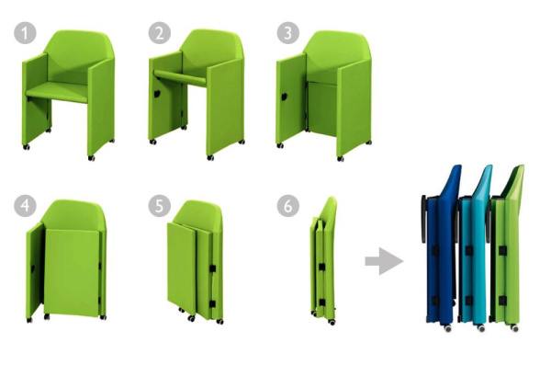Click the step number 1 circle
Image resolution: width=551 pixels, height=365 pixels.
tap(25, 33)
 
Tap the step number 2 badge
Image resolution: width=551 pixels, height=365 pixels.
tap(160, 33)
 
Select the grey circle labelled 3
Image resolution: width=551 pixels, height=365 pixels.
tap(288, 33)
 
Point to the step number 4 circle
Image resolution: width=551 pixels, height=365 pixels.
tap(25, 206)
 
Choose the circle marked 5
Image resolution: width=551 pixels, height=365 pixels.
tap(160, 206)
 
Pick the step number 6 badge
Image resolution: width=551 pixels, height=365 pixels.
tap(288, 206)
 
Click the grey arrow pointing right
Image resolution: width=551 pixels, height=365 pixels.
tap(384, 261)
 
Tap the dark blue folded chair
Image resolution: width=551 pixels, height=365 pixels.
tap(442, 246)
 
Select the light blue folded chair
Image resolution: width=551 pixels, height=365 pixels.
tap(475, 246)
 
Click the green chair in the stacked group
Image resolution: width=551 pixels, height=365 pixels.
tap(507, 246)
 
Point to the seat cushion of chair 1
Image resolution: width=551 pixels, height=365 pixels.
tap(57, 92)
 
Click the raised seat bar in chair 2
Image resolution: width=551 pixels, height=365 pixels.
tap(180, 78)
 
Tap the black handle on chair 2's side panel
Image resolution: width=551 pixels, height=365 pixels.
tap(157, 94)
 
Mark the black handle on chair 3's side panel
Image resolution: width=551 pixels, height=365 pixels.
tap(284, 97)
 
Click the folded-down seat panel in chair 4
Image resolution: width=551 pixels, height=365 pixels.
tap(72, 272)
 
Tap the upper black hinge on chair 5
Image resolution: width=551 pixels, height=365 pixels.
tap(212, 268)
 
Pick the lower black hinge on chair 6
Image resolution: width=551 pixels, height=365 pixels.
tap(322, 302)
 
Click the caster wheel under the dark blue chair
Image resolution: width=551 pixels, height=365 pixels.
tap(448, 327)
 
